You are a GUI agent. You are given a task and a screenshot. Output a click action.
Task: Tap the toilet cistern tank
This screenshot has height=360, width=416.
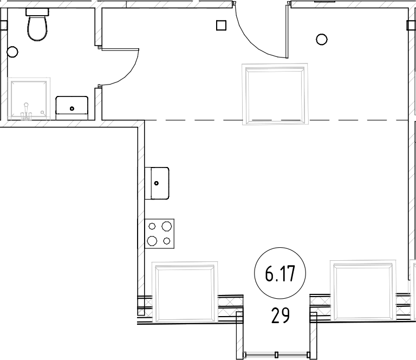tap(37, 11)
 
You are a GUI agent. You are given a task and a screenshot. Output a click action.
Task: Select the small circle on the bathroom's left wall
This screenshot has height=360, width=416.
tap(12, 53)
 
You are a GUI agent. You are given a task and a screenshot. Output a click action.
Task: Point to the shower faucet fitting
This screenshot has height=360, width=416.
tap(25, 112)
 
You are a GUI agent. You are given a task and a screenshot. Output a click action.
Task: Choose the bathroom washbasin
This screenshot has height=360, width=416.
tap(72, 105)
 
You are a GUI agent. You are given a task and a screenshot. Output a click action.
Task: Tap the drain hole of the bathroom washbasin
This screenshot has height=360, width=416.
tap(72, 108)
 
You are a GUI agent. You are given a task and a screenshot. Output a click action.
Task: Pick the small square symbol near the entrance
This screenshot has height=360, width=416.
tap(220, 25)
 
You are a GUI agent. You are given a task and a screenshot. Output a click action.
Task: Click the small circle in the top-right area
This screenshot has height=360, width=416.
tap(321, 39)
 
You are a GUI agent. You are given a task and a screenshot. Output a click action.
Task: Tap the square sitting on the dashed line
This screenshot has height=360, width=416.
tap(275, 94)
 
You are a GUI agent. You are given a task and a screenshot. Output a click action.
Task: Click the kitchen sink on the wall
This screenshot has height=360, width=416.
tap(158, 183)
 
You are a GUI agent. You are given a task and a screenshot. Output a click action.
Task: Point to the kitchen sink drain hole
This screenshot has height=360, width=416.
tap(157, 183)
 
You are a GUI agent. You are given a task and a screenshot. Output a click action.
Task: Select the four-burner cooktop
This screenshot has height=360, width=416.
tap(160, 233)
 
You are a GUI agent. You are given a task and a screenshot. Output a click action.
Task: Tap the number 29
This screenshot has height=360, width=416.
tap(280, 314)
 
